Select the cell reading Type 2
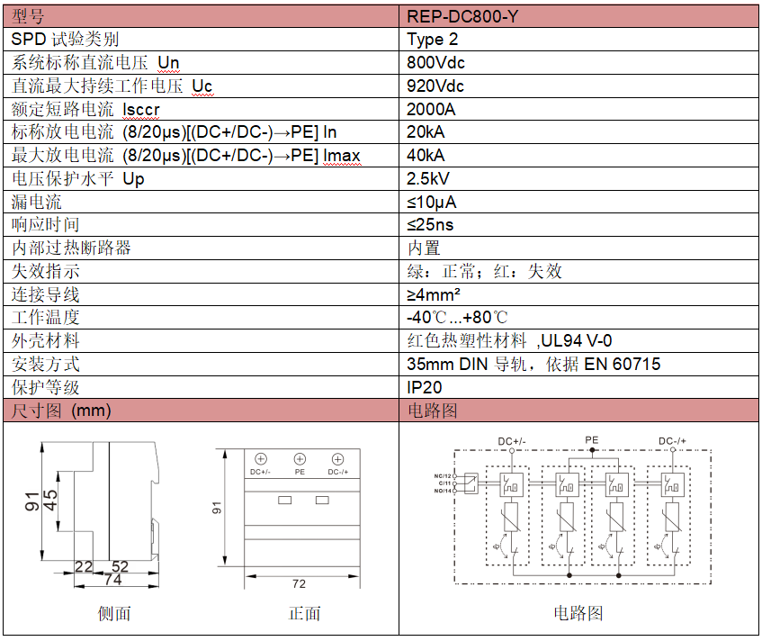point(433,40)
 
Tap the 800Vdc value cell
point(435,63)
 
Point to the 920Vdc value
point(435,86)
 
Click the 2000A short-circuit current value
point(431,110)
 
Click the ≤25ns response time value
point(430,225)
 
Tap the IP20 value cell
point(425,387)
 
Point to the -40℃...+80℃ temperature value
point(457,318)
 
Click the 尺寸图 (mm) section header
point(60,411)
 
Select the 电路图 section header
point(433,411)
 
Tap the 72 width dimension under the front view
point(299,583)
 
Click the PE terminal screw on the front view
point(300,458)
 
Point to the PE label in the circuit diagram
point(591,440)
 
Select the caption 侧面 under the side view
point(114,614)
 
